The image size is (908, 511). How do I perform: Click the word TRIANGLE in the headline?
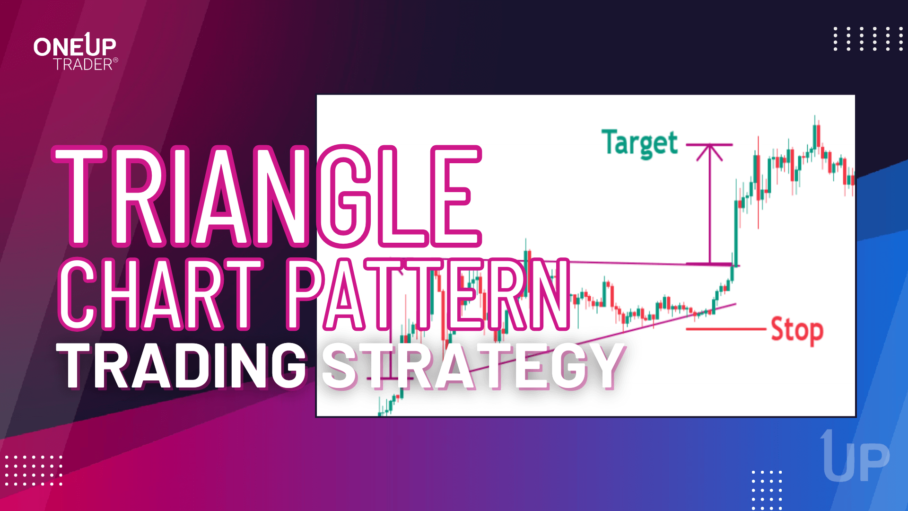267,196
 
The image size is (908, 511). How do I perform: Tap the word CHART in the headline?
161,294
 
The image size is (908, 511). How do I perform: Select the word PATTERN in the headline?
428,294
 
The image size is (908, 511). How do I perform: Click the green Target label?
639,143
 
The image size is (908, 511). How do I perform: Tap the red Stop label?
797,330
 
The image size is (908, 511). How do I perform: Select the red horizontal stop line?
726,329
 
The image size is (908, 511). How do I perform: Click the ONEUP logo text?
75,46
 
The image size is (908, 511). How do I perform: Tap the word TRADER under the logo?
83,64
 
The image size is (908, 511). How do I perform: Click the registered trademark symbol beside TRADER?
116,60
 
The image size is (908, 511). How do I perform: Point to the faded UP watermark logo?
856,458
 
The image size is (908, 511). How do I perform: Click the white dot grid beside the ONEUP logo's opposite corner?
868,38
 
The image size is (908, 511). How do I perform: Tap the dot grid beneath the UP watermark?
767,490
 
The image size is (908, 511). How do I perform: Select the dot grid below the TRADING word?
33,470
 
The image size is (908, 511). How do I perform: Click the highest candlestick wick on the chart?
815,118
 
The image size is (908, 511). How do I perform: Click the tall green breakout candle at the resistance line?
736,232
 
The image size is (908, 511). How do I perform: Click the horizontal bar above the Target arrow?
709,144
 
